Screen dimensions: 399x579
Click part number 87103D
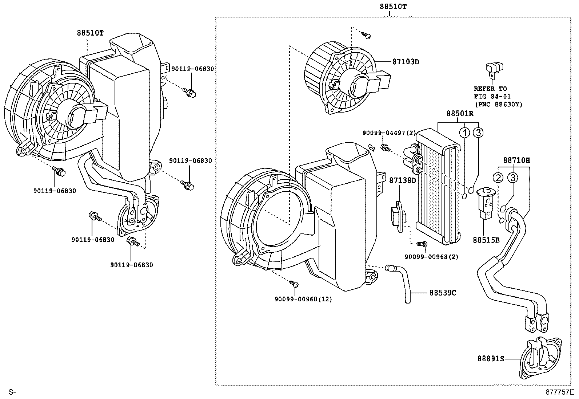click(x=406, y=62)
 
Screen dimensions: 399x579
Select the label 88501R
click(x=460, y=114)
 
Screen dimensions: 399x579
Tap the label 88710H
click(x=516, y=160)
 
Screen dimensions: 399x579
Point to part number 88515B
click(x=486, y=240)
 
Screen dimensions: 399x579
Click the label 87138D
click(x=402, y=180)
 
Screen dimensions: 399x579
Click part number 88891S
click(x=491, y=359)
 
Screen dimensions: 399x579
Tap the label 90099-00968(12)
click(x=303, y=299)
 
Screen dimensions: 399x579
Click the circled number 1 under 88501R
click(x=464, y=133)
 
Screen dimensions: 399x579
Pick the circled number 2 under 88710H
click(x=498, y=178)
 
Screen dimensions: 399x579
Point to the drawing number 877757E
click(x=559, y=392)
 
